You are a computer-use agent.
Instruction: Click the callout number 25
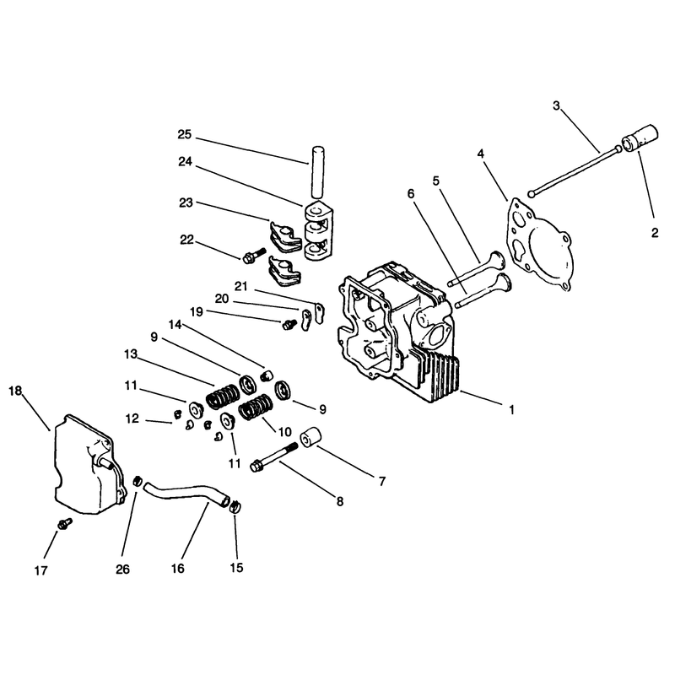(184, 135)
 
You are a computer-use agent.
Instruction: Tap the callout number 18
(15, 391)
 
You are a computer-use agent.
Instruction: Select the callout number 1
(511, 410)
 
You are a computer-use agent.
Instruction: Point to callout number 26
(122, 569)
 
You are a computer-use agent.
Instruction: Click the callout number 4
(481, 154)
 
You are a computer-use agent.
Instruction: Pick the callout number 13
(131, 354)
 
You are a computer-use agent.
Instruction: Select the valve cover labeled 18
(89, 465)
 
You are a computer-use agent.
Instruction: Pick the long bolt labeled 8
(274, 455)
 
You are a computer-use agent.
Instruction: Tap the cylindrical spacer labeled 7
(311, 437)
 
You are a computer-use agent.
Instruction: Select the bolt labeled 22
(252, 256)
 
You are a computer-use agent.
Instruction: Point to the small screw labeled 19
(289, 324)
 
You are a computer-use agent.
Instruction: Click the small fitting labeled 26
(138, 480)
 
